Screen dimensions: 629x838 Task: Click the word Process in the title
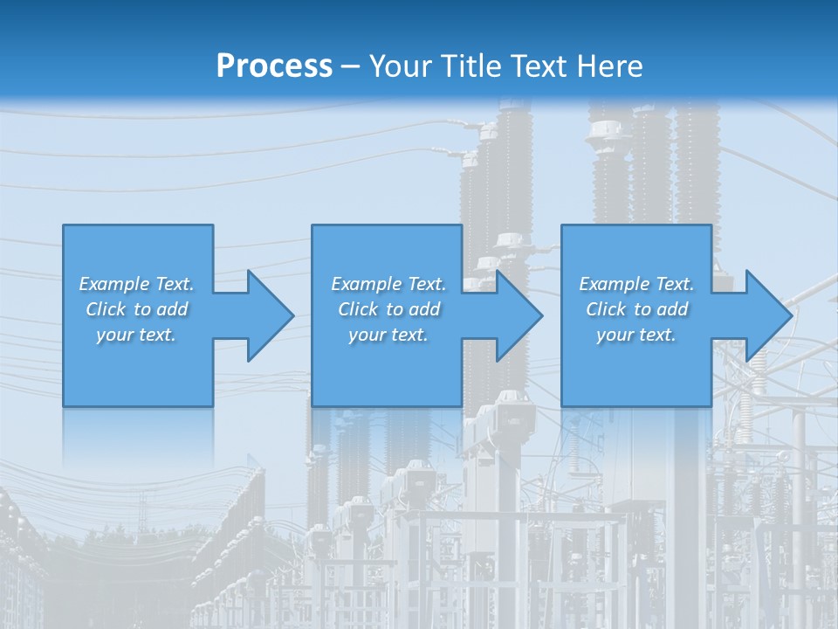pyautogui.click(x=274, y=66)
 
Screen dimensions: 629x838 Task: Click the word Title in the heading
pyautogui.click(x=469, y=66)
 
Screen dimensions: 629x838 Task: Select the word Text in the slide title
pyautogui.click(x=538, y=66)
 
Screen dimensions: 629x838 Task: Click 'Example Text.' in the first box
pyautogui.click(x=136, y=284)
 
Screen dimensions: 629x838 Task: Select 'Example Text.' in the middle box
pyautogui.click(x=388, y=284)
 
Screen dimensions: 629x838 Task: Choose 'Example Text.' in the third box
pyautogui.click(x=636, y=284)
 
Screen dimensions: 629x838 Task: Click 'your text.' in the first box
pyautogui.click(x=136, y=335)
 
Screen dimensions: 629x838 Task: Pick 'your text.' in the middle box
pyautogui.click(x=388, y=335)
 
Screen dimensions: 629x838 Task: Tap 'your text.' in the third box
pyautogui.click(x=636, y=335)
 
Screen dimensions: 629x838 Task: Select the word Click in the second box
pyautogui.click(x=358, y=309)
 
